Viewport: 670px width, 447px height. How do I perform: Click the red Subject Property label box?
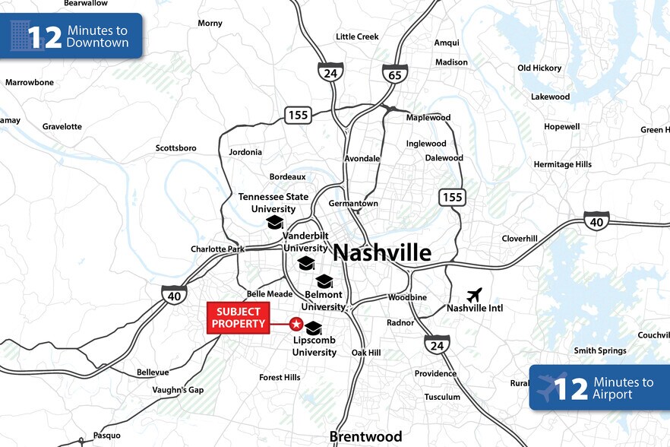point(239,318)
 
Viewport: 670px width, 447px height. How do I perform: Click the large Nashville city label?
point(382,252)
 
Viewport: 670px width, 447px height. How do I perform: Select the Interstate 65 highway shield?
point(395,73)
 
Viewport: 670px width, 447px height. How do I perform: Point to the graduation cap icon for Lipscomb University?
point(314,328)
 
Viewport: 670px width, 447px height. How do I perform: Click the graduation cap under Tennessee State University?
point(274,222)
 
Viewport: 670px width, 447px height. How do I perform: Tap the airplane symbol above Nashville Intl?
point(475,294)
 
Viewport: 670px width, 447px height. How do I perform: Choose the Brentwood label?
point(365,436)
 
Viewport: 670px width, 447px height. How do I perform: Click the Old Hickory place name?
point(539,68)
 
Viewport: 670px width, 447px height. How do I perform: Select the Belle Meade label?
point(270,294)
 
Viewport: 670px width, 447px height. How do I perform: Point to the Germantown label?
point(353,204)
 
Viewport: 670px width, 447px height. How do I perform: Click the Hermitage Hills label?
point(562,164)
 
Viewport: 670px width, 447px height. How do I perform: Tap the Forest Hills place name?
point(280,377)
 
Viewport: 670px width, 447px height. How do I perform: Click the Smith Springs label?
point(600,350)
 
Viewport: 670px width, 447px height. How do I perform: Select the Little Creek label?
point(357,36)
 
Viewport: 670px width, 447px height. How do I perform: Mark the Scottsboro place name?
point(176,148)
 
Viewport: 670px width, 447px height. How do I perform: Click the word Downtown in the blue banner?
point(97,43)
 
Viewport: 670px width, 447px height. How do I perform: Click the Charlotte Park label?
point(217,249)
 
